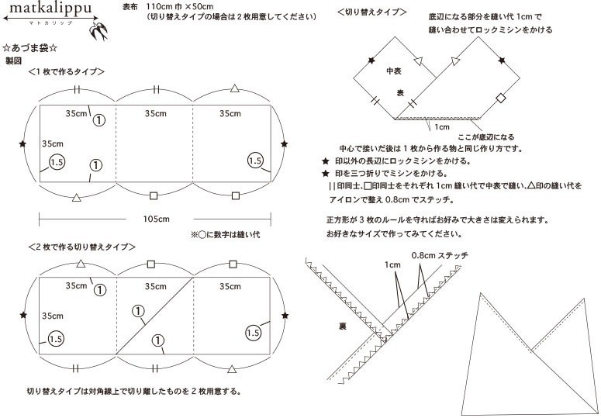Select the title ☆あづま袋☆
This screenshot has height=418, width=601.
[x=30, y=48]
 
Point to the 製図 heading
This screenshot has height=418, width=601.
[x=14, y=60]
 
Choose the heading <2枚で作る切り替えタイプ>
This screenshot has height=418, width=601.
[x=82, y=247]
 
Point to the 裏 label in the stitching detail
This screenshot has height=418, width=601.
[x=342, y=327]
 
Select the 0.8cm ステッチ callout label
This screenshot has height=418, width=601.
[x=440, y=255]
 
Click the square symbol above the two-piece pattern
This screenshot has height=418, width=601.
[x=153, y=264]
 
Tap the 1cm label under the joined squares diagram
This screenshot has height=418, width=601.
[x=442, y=126]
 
